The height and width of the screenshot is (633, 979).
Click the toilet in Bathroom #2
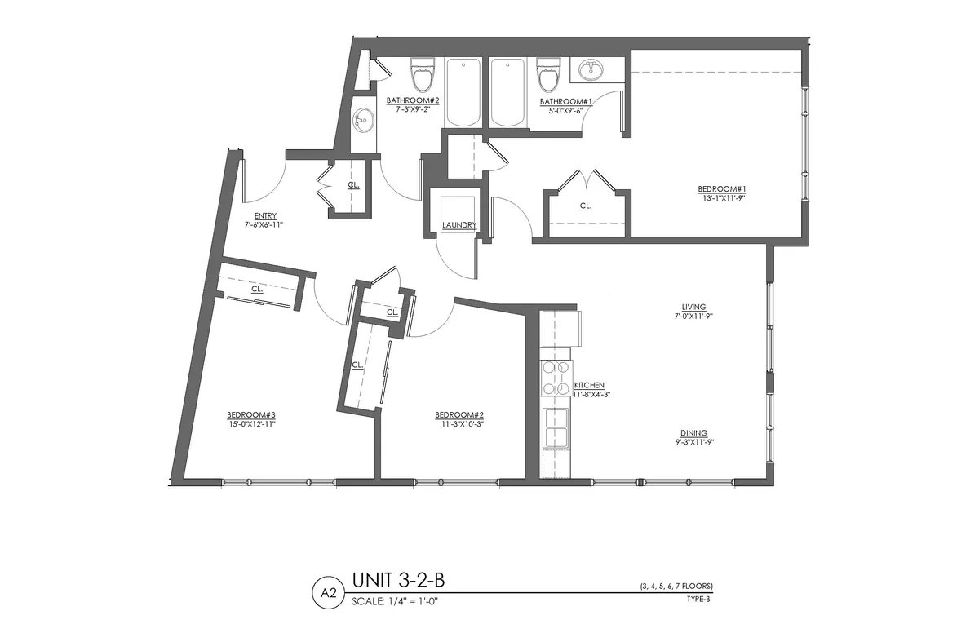coord(422,75)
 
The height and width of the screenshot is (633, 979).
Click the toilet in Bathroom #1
coord(547,75)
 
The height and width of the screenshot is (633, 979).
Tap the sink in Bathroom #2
coord(361,122)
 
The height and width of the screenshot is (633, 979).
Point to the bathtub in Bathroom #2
coord(463,91)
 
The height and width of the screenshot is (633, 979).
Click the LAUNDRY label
coord(458,225)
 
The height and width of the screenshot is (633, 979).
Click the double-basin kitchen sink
coord(558,427)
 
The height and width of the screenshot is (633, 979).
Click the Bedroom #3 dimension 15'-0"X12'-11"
coord(252,423)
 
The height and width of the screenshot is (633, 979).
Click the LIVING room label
coord(694,307)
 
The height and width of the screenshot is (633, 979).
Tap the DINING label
coord(693,433)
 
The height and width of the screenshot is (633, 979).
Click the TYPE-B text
coord(699,598)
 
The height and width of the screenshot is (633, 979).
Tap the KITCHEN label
coord(589,385)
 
